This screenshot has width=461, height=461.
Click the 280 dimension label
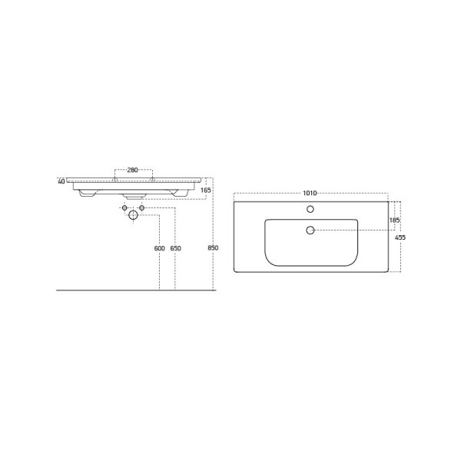click(132, 170)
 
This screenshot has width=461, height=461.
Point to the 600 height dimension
click(159, 248)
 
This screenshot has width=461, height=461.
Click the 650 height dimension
click(175, 248)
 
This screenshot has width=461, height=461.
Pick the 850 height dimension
click(214, 248)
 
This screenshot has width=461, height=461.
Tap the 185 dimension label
click(394, 221)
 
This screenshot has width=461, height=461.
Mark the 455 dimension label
click(400, 238)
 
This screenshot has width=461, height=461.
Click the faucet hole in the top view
click(310, 209)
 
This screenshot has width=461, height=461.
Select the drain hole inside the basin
click(310, 230)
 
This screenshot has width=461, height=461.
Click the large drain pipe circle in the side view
click(132, 216)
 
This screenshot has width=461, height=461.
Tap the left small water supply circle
click(123, 207)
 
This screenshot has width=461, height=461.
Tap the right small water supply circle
click(142, 207)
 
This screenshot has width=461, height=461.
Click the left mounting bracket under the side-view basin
click(86, 194)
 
